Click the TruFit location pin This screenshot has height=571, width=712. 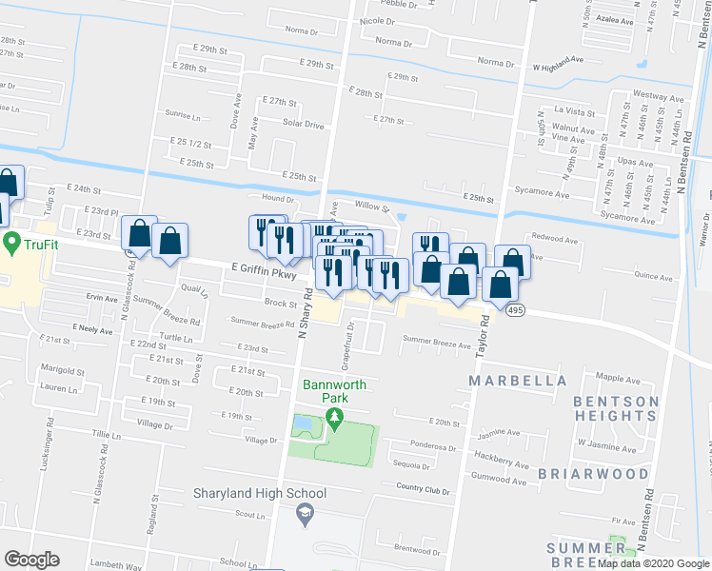[12, 244]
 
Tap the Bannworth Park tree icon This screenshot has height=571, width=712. [333, 418]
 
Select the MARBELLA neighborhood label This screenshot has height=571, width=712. [518, 381]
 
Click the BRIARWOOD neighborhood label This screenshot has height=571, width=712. [583, 473]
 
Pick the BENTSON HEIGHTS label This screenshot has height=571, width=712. [616, 408]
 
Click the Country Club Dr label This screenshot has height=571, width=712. [425, 489]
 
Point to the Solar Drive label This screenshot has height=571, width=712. [303, 125]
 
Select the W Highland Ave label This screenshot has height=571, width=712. [557, 65]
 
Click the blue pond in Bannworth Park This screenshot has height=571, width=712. [302, 423]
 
